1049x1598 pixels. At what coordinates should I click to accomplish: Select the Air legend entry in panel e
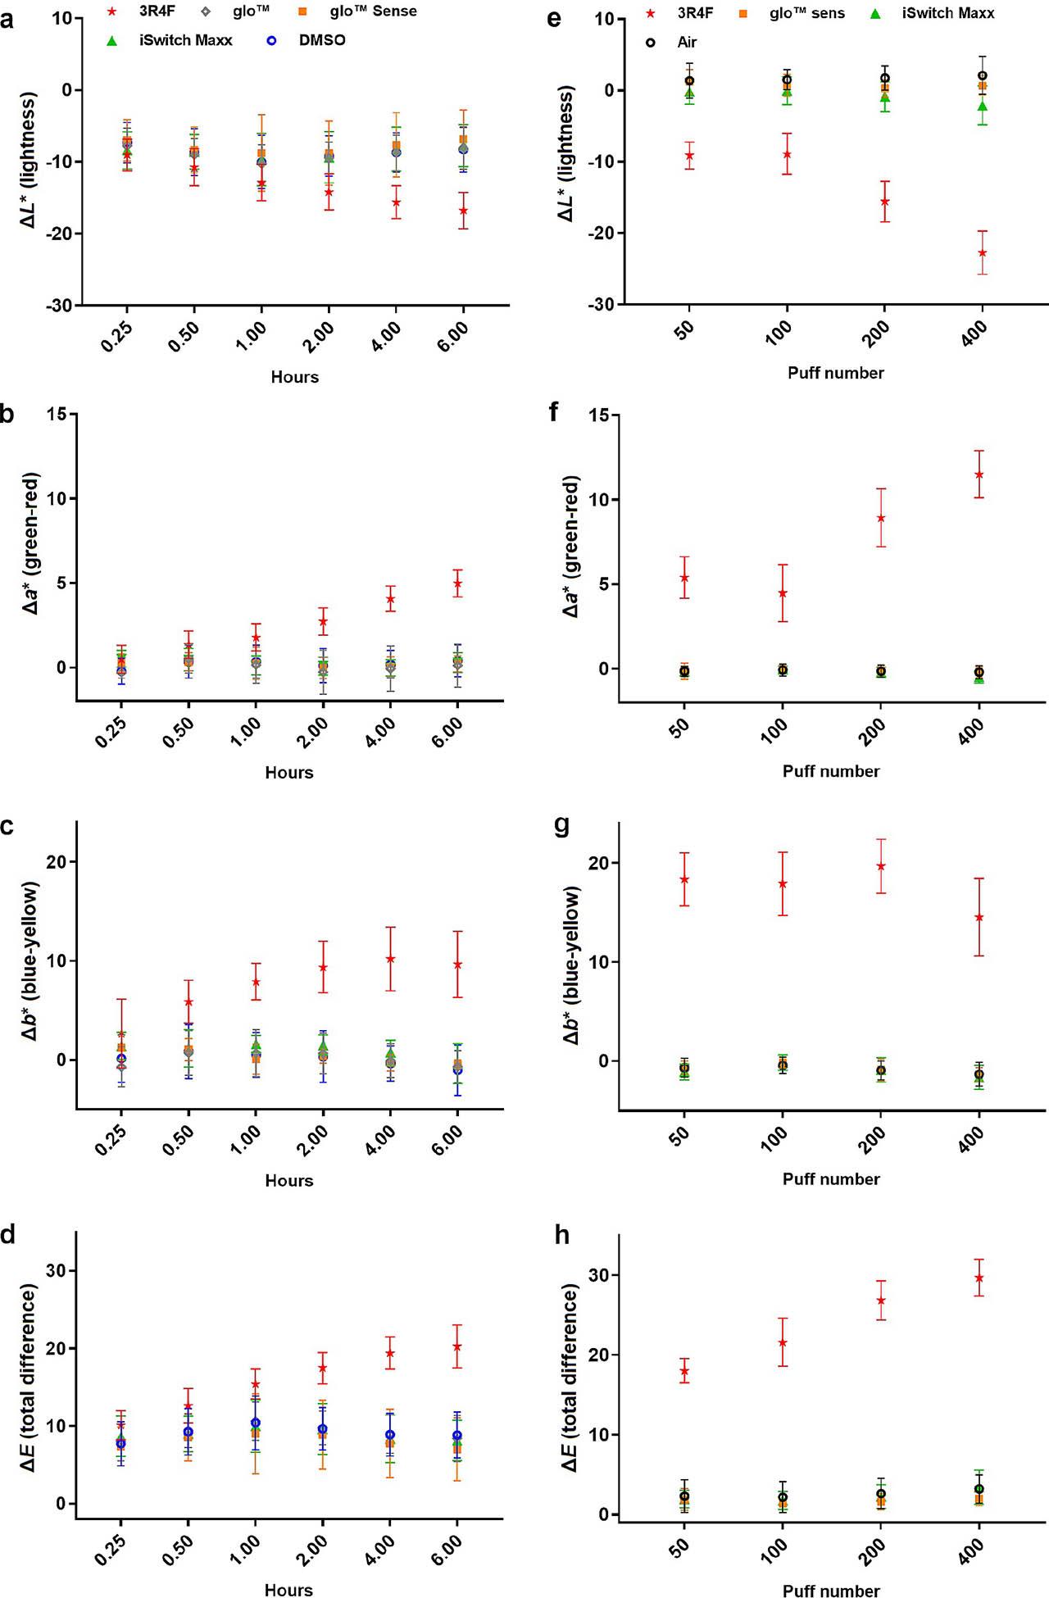pos(687,42)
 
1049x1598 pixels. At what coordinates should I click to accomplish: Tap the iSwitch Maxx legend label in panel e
pos(948,13)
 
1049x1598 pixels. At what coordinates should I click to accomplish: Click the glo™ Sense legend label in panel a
pos(373,11)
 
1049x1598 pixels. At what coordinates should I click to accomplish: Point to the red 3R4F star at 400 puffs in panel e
pos(982,252)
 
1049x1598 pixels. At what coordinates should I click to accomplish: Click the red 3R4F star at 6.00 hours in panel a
pos(463,211)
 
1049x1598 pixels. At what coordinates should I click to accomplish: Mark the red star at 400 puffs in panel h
pos(979,1278)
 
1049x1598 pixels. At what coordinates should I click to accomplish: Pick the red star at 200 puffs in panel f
pos(880,518)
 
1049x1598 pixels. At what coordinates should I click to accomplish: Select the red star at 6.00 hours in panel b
pos(457,583)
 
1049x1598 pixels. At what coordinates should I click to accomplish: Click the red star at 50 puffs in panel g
pos(684,879)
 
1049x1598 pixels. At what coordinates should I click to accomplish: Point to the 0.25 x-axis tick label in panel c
pos(111,1141)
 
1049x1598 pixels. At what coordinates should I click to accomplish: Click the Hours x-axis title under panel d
pos(288,1590)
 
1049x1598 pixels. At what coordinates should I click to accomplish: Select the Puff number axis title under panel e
pos(835,373)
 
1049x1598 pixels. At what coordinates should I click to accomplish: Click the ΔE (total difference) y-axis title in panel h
pos(571,1377)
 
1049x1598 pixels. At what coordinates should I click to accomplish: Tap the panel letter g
pos(562,825)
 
